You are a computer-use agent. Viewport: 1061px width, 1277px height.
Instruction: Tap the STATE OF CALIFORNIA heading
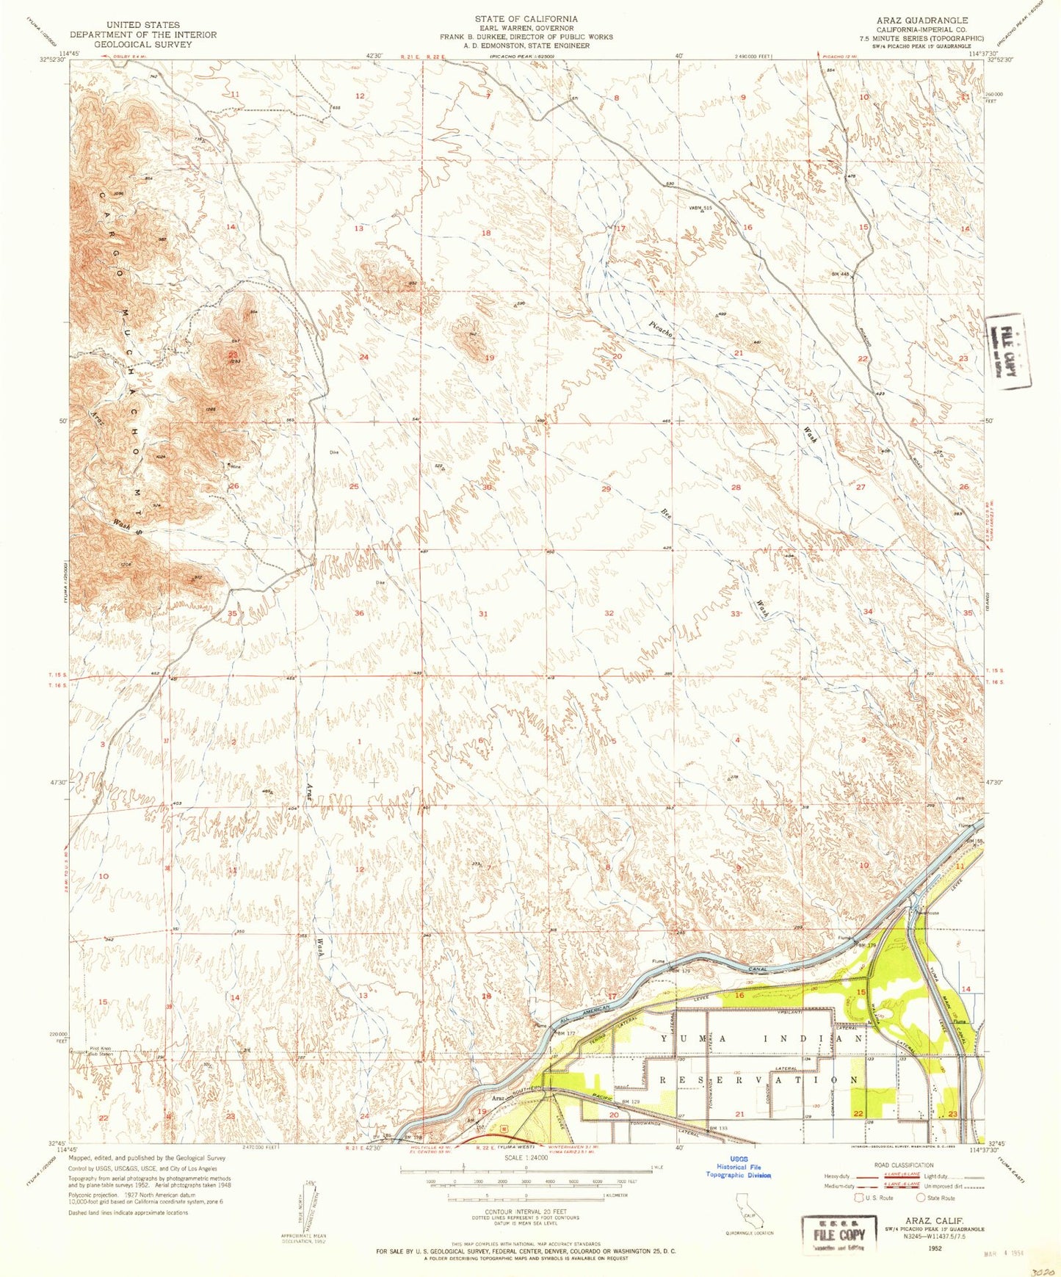(x=526, y=19)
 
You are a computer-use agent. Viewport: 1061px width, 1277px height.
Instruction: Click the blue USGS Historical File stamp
(x=739, y=1170)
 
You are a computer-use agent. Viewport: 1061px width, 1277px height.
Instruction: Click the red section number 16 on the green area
(x=739, y=996)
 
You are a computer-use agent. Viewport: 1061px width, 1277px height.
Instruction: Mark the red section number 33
(x=736, y=613)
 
